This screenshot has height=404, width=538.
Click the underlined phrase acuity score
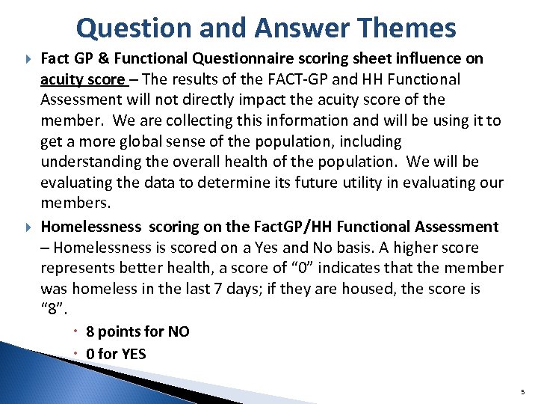pos(81,79)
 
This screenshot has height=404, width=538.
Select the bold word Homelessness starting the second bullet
pos(90,227)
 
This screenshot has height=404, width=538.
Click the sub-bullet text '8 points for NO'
pos(137,332)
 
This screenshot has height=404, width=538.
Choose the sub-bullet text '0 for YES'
pos(116,354)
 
